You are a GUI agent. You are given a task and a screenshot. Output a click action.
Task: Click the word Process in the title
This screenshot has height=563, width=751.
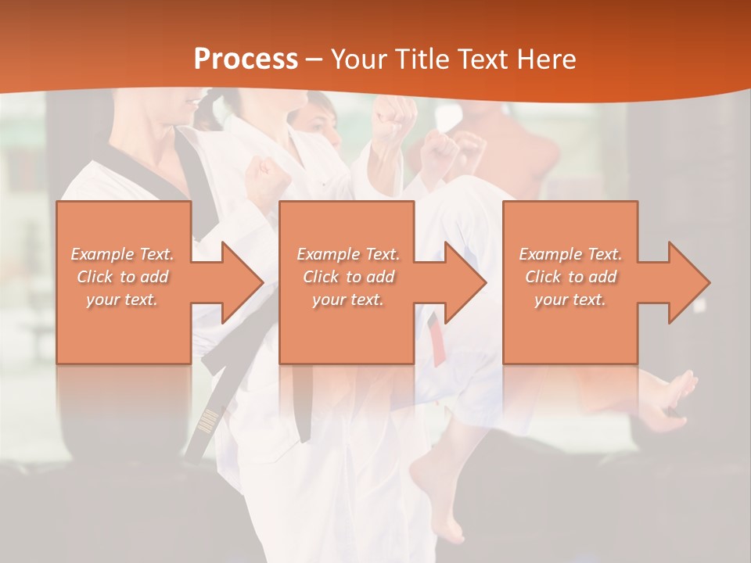point(246,59)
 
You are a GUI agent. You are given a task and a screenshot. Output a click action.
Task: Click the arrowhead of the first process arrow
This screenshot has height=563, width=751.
point(242,282)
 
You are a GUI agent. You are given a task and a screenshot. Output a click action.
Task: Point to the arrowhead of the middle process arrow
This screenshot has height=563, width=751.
point(465,282)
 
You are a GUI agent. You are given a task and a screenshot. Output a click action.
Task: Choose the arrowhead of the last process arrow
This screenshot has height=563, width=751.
point(689,282)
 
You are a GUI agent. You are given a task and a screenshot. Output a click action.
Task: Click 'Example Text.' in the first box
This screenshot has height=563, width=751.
point(123,254)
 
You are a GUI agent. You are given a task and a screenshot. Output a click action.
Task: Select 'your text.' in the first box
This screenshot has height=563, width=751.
point(123,299)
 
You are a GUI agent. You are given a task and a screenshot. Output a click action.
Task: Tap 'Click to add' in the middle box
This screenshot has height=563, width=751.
point(348,277)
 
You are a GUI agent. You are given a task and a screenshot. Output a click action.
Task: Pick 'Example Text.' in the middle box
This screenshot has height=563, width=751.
point(348,254)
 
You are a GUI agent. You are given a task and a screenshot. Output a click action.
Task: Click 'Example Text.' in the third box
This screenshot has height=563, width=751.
point(570,254)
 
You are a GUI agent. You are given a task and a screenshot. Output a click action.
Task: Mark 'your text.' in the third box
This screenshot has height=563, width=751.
point(570,299)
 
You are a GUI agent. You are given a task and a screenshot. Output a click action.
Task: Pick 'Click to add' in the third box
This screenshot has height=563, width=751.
point(570,277)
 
